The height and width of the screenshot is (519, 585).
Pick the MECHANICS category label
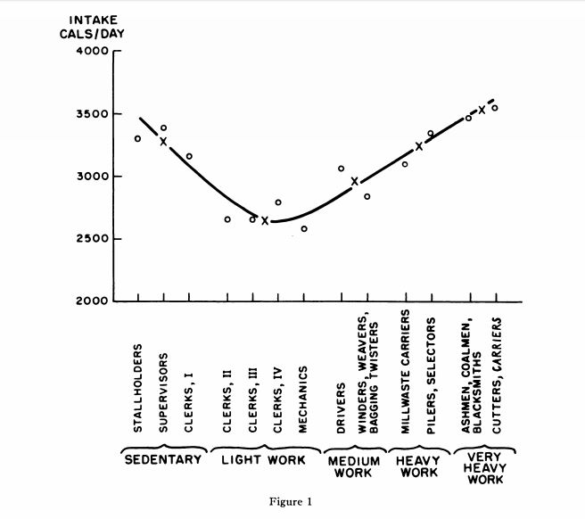pyautogui.click(x=303, y=400)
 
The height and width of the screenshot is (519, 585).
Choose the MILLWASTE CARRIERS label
pyautogui.click(x=405, y=373)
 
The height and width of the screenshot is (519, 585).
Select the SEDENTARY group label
pyautogui.click(x=161, y=461)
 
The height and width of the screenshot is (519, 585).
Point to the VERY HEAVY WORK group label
pyautogui.click(x=485, y=467)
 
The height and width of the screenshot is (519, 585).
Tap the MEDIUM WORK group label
pyautogui.click(x=354, y=467)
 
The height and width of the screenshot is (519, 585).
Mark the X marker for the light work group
pyautogui.click(x=265, y=220)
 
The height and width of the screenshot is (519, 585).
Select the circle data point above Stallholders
pyautogui.click(x=137, y=138)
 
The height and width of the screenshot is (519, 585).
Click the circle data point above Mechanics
pyautogui.click(x=304, y=229)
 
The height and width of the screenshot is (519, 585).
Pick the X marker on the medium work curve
pyautogui.click(x=355, y=181)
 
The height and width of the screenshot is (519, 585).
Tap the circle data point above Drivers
pyautogui.click(x=341, y=169)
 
